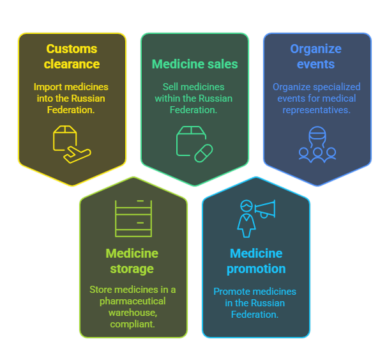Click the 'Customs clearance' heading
pyautogui.click(x=72, y=56)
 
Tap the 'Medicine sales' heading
pyautogui.click(x=195, y=64)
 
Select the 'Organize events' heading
pyautogui.click(x=315, y=56)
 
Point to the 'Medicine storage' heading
pyautogui.click(x=132, y=261)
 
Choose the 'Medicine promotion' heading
pyautogui.click(x=256, y=261)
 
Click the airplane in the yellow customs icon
pyautogui.click(x=77, y=155)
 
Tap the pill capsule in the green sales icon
pyautogui.click(x=204, y=153)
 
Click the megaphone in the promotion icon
pyautogui.click(x=265, y=209)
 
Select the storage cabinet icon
pyautogui.click(x=133, y=218)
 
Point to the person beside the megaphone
pyautogui.click(x=247, y=219)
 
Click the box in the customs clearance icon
pyautogui.click(x=65, y=137)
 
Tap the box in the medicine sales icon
pyautogui.click(x=191, y=141)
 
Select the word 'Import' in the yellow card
pyautogui.click(x=48, y=87)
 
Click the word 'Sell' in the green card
pyautogui.click(x=171, y=86)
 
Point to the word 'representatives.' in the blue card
pyautogui.click(x=317, y=110)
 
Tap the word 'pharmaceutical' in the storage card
pyautogui.click(x=133, y=301)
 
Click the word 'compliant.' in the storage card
pyautogui.click(x=132, y=324)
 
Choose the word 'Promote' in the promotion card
pyautogui.click(x=229, y=292)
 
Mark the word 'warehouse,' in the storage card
pyautogui.click(x=133, y=313)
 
